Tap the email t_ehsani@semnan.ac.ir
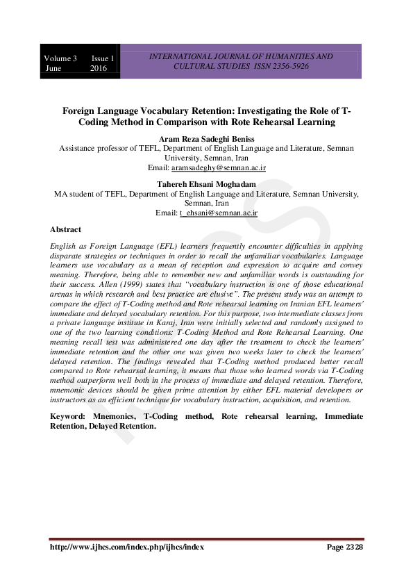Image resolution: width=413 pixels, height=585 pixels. click(x=219, y=213)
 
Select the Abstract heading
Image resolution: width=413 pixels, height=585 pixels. click(x=65, y=229)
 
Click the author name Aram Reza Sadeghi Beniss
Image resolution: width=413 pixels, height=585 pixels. click(x=206, y=139)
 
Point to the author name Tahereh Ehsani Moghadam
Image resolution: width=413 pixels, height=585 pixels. click(x=206, y=183)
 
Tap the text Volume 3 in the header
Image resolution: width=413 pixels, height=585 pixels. click(x=60, y=58)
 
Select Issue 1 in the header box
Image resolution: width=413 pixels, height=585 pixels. click(x=103, y=58)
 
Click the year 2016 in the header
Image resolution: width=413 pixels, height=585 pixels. click(x=99, y=68)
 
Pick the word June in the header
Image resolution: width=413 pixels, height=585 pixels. click(x=53, y=68)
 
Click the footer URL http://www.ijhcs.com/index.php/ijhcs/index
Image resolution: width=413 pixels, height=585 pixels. click(x=127, y=547)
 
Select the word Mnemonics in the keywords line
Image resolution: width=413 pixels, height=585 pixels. click(x=113, y=415)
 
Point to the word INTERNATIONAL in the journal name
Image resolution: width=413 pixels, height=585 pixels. click(x=180, y=56)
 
